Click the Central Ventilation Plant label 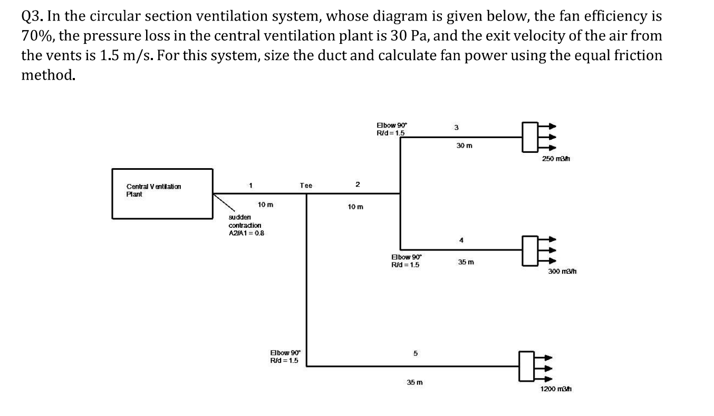pos(153,190)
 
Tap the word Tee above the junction pos(306,185)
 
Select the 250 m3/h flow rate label pos(556,158)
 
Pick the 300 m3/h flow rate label pos(562,272)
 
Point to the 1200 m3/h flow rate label pos(556,389)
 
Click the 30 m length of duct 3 pos(465,146)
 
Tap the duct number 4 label pos(461,240)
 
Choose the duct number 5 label pos(416,353)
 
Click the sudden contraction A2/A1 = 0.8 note pos(246,225)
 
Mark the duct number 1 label pos(250,185)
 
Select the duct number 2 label pos(358,184)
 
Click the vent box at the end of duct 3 pos(530,137)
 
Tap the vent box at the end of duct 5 pos(527,366)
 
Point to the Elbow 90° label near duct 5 pos(285,357)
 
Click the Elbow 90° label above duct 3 pos(392,129)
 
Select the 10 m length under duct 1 pos(265,205)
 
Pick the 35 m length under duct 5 pos(414,382)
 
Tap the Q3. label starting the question pos(32,16)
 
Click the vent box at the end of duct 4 pos(530,250)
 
